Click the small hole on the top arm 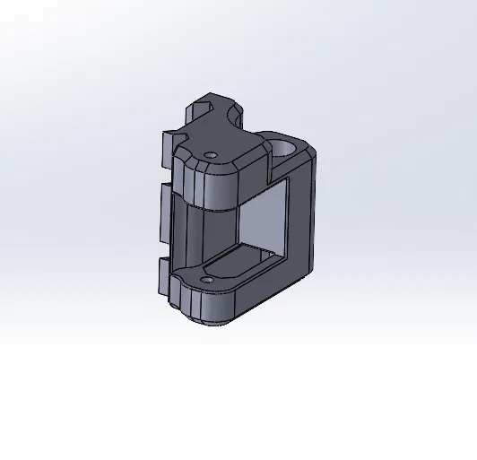(211, 154)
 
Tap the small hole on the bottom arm (208, 280)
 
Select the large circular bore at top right (286, 145)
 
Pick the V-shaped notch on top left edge (185, 138)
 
